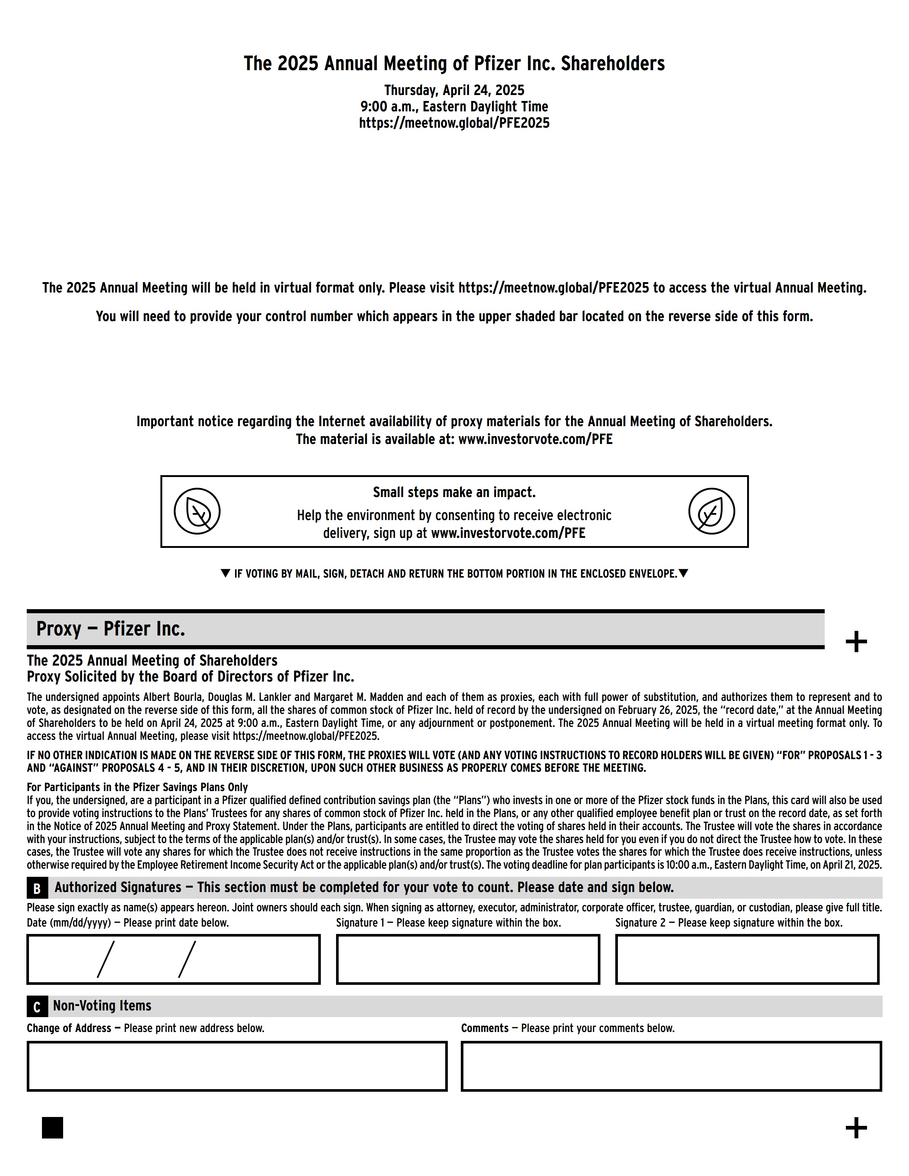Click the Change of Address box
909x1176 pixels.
tap(237, 1066)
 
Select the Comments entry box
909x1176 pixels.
tap(671, 1066)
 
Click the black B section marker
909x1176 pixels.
tap(37, 888)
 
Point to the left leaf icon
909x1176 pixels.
tap(197, 511)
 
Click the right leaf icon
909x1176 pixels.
tap(711, 511)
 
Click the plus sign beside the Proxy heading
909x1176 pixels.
tap(856, 642)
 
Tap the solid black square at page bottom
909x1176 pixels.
tap(52, 1127)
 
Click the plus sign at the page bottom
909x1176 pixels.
tap(856, 1127)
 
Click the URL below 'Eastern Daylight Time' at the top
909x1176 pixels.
tap(454, 123)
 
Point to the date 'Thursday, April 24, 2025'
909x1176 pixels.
tap(454, 90)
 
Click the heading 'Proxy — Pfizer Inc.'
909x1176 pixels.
tap(110, 629)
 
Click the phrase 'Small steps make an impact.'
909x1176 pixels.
tap(454, 492)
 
